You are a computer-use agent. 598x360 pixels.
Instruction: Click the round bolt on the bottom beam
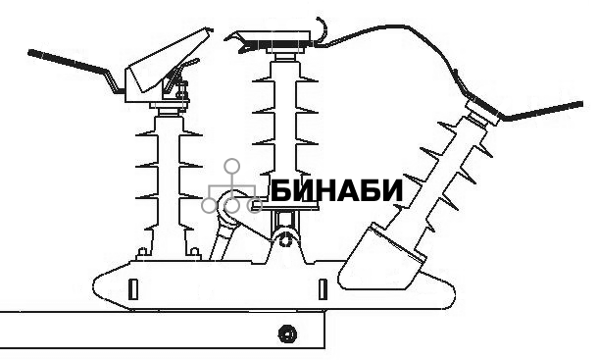287,334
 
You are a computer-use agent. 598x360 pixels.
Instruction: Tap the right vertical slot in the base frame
322,289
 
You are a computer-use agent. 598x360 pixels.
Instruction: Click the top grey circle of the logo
231,166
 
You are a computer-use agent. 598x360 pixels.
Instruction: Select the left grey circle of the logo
209,205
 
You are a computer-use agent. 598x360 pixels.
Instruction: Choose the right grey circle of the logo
254,205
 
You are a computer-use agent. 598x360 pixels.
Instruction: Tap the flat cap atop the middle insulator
274,41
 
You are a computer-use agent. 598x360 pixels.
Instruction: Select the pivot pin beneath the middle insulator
285,238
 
